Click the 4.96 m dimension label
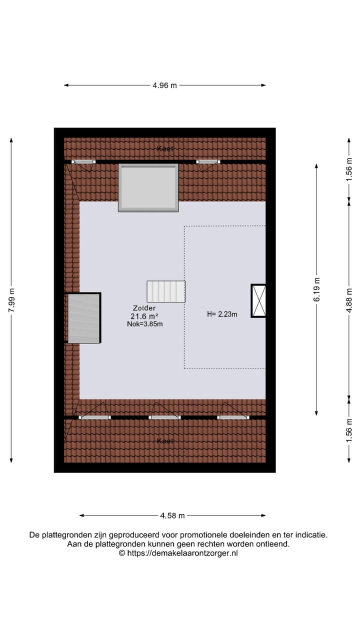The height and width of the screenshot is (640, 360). (x=164, y=85)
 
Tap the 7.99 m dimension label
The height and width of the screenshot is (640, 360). (x=11, y=300)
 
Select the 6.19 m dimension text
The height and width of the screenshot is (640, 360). (x=316, y=289)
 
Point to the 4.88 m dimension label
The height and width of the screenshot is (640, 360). (x=349, y=298)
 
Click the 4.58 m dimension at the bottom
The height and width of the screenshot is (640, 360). (x=172, y=515)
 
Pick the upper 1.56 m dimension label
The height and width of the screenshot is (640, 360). (x=349, y=168)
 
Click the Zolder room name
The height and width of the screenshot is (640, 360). (x=144, y=308)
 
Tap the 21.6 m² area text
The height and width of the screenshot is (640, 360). (x=144, y=316)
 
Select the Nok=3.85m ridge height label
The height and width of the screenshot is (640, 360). (x=145, y=324)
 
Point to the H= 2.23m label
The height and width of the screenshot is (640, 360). (x=222, y=314)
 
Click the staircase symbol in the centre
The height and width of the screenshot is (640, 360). (x=166, y=291)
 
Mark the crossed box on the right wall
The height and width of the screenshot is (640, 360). (x=258, y=300)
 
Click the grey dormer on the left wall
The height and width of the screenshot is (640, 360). (x=83, y=318)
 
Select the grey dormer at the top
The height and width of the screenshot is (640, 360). (x=148, y=187)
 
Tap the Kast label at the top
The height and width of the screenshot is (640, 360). (x=164, y=149)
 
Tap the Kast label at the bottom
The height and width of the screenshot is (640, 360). (x=164, y=441)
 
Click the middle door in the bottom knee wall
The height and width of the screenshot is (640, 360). (x=164, y=417)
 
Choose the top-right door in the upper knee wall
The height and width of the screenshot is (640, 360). (x=207, y=162)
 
